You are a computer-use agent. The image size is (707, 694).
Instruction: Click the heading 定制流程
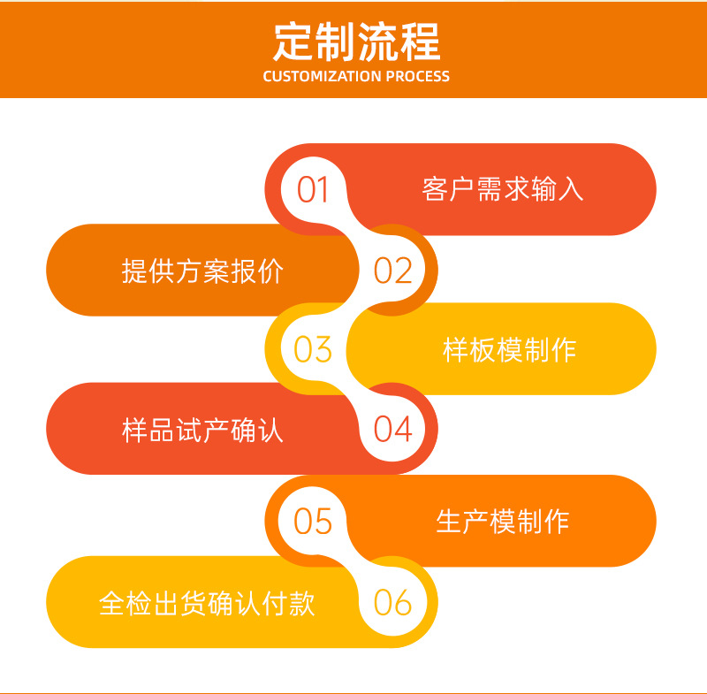[x=356, y=41]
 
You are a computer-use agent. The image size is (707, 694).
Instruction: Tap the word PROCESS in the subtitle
[x=415, y=77]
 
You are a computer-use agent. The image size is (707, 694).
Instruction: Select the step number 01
[x=312, y=190]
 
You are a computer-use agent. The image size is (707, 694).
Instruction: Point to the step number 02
[x=393, y=271]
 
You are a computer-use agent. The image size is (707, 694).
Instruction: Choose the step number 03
[x=312, y=350]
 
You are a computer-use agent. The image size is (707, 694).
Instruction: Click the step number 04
[x=393, y=430]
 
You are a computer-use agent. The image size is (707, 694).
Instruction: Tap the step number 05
[x=312, y=522]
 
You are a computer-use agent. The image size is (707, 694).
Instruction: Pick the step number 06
[x=393, y=603]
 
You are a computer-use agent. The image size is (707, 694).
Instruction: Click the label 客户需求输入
[x=503, y=190]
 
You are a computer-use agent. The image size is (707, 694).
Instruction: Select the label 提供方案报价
[x=202, y=271]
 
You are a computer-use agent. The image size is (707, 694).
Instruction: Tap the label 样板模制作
[x=509, y=350]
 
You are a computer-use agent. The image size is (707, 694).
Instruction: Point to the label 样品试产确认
[x=202, y=431]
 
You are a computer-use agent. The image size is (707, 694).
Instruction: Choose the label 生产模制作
[x=502, y=522]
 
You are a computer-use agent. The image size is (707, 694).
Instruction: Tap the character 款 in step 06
[x=302, y=604]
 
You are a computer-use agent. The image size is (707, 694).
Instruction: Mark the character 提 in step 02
[x=134, y=271]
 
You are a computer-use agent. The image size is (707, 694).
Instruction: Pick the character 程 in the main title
[x=419, y=41]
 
